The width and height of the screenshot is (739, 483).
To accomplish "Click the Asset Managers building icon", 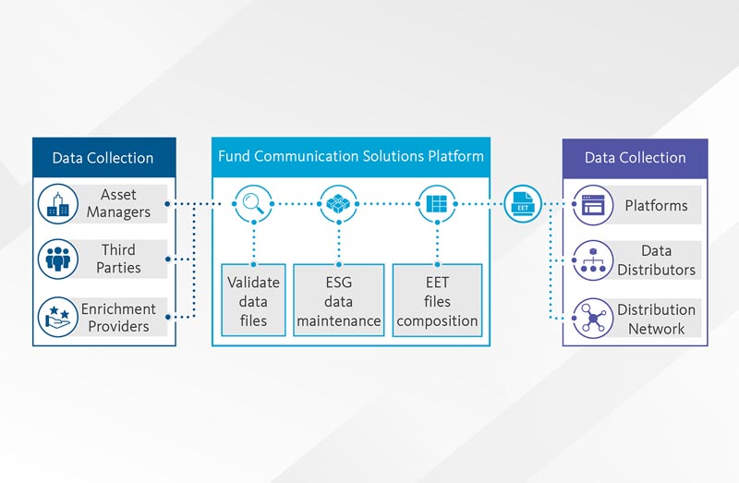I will click(x=58, y=204).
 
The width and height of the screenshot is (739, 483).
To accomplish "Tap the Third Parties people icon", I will click(x=58, y=260).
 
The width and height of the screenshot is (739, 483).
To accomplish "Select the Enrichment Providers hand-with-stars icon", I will click(x=58, y=317).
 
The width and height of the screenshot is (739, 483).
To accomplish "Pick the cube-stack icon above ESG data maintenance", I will click(x=339, y=204).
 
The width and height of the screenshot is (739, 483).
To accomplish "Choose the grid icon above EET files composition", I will click(x=436, y=204).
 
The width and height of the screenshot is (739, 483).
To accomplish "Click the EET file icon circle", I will click(x=524, y=204).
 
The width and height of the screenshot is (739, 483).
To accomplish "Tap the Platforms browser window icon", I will click(x=592, y=204).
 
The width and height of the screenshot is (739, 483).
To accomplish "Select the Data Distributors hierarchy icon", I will click(x=592, y=260).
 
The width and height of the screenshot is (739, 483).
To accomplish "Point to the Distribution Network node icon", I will click(x=592, y=318).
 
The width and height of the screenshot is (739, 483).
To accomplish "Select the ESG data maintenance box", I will click(x=339, y=300).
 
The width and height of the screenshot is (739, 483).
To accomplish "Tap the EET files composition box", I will click(x=437, y=300).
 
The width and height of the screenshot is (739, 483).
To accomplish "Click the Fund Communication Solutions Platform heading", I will click(x=351, y=156).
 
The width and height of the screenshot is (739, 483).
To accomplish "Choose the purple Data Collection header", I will click(x=635, y=157).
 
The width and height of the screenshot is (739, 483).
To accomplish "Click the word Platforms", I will click(x=655, y=205).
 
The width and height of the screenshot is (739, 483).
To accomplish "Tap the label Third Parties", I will click(x=117, y=260).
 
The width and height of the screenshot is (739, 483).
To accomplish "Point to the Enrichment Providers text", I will click(x=117, y=317).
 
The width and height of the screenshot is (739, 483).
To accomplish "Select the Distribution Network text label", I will click(x=656, y=319).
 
